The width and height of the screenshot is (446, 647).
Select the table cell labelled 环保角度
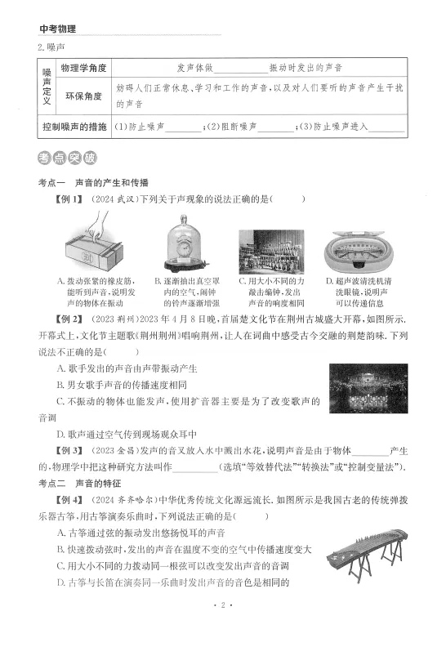[83, 96]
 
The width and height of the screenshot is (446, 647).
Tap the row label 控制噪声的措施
[74, 127]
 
